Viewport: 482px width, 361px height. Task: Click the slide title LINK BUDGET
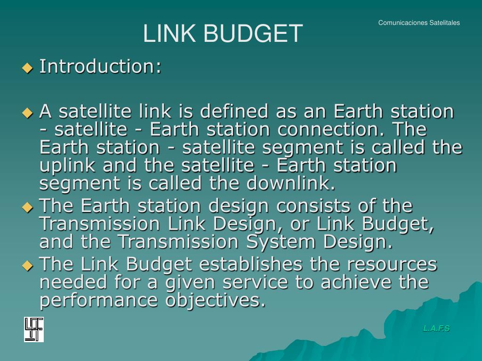pyautogui.click(x=223, y=34)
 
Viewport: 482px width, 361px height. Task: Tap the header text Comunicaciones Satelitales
pyautogui.click(x=419, y=23)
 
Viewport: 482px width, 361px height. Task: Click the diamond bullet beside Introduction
pyautogui.click(x=28, y=68)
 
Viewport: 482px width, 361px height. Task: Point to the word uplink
pyautogui.click(x=65, y=165)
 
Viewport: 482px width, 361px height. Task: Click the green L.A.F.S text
pyautogui.click(x=436, y=328)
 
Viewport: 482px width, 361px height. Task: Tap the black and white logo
pyautogui.click(x=34, y=330)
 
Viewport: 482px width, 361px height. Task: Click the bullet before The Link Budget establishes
pyautogui.click(x=28, y=266)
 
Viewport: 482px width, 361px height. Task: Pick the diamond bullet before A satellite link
pyautogui.click(x=28, y=113)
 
